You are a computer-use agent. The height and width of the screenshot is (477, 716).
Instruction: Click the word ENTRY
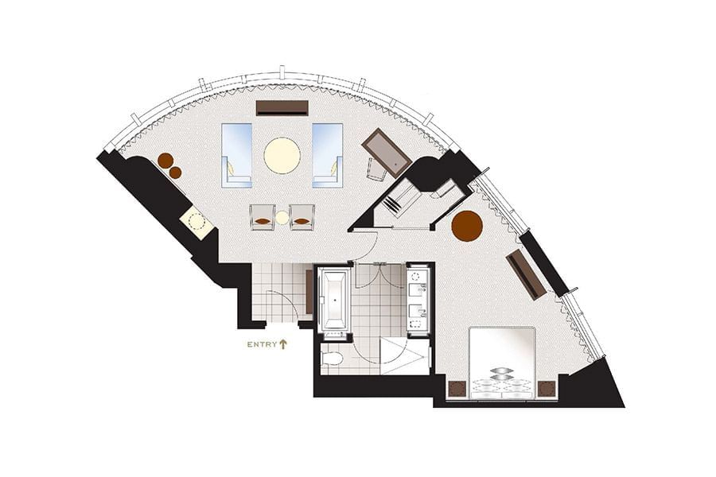pos(261,344)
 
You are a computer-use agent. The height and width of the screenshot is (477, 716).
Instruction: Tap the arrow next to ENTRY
pos(282,343)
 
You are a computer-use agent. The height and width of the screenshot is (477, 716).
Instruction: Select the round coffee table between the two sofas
pos(282,155)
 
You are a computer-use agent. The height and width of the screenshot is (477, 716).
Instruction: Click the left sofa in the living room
pos(237,155)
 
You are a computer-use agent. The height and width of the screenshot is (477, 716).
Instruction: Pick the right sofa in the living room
pos(327,155)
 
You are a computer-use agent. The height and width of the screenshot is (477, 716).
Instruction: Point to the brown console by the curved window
pos(282,107)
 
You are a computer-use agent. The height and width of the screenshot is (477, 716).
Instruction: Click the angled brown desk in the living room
pos(386,152)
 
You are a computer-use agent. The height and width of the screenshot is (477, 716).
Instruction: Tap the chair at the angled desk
pos(374,169)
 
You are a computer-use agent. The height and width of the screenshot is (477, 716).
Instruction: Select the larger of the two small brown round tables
pos(165,161)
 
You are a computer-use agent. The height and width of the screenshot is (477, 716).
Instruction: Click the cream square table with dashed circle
pos(197,222)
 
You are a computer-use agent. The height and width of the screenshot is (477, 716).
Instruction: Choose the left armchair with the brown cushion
pos(263,217)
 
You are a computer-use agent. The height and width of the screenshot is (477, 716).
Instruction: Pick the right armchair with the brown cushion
pos(302,217)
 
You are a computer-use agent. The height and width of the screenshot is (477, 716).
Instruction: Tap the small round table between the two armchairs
pos(282,217)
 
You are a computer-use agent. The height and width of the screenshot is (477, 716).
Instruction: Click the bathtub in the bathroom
pos(333,301)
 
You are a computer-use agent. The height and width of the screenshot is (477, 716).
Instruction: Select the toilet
pos(333,358)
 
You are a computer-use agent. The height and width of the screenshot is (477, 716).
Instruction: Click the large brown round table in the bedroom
pos(467,226)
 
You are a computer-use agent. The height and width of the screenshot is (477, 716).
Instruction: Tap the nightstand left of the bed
pos(457,389)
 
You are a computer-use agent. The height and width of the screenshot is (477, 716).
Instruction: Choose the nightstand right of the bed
pos(547,389)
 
